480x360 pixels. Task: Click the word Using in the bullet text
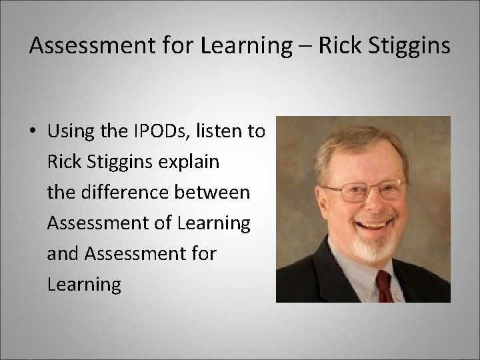point(70,131)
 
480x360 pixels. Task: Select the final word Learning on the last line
point(84,285)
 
